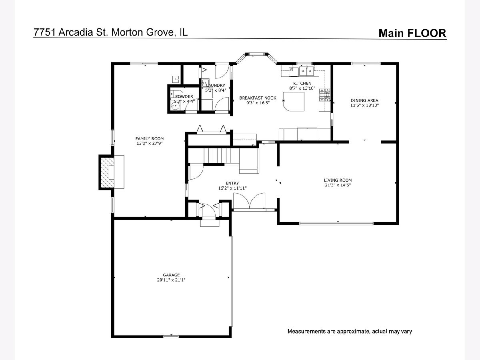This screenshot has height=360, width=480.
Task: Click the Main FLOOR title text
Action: (412, 33)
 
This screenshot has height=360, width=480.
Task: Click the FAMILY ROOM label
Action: (149, 138)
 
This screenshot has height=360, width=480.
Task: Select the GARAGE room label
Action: (171, 275)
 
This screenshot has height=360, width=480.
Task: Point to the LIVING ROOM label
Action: (338, 180)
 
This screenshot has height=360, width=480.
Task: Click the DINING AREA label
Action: (364, 100)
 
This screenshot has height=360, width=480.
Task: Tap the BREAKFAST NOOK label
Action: (258, 98)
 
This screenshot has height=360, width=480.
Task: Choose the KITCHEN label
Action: (302, 83)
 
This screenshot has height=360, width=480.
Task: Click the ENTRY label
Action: (232, 183)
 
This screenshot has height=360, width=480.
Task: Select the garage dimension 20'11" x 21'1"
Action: (171, 280)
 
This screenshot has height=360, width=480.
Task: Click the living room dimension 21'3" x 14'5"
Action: (338, 185)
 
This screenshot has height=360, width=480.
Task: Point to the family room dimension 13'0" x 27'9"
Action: (149, 143)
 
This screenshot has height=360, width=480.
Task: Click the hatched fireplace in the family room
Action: (107, 172)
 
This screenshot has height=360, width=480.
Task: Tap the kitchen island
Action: (293, 102)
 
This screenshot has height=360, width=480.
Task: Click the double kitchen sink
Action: (306, 71)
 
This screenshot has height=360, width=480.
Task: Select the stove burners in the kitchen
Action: (324, 95)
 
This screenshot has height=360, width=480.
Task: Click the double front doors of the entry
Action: (249, 201)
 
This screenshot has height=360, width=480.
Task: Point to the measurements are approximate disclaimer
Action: (350, 331)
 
